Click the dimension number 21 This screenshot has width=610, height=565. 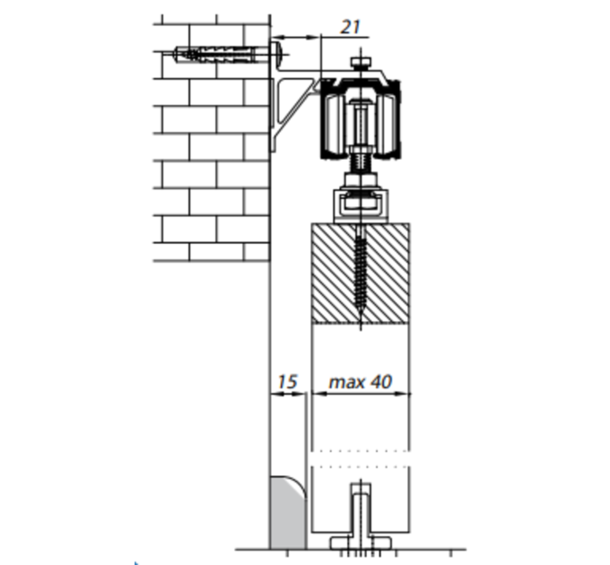(350, 27)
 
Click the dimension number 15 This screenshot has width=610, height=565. (288, 382)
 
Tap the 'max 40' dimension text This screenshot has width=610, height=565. (361, 382)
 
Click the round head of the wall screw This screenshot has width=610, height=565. (280, 54)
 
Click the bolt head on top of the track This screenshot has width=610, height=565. (361, 62)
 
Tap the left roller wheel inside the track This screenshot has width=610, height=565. (333, 124)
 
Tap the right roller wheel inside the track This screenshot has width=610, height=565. (388, 124)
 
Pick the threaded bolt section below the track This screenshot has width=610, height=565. (361, 163)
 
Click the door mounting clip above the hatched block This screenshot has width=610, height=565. (361, 205)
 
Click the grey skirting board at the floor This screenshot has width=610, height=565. (288, 513)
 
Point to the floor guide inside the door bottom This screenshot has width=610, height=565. (361, 517)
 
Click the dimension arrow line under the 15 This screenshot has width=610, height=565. (288, 394)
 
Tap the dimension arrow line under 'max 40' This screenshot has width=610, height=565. (361, 394)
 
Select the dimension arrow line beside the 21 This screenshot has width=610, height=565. (296, 38)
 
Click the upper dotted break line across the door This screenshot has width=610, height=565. (361, 451)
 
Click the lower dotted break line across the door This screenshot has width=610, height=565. (361, 465)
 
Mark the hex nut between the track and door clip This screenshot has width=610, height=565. (361, 179)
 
